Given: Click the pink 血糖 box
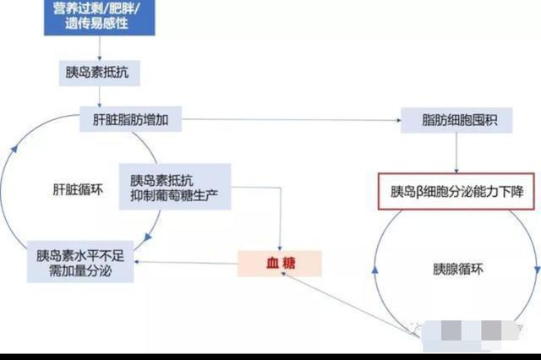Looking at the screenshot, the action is (x=279, y=264).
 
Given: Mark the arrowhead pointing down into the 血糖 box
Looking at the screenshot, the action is (x=281, y=244).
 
